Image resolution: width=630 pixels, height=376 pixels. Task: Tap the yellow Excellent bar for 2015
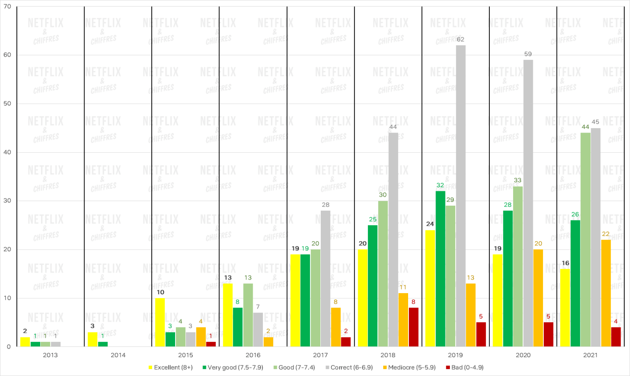coord(160,322)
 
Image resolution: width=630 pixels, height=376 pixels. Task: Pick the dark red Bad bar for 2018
coord(413,327)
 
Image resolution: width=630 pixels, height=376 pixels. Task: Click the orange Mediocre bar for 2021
coord(606,293)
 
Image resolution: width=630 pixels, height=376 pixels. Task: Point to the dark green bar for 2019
coord(440,269)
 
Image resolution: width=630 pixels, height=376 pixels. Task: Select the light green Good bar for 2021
coord(585,240)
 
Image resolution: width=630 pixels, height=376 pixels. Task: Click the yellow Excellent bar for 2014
coord(92,339)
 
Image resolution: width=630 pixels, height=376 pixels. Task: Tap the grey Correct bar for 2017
coord(325,279)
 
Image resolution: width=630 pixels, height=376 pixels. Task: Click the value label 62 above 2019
coord(461,39)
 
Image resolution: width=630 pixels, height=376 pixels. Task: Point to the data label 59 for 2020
coord(528,54)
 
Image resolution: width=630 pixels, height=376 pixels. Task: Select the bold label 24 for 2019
coord(430,224)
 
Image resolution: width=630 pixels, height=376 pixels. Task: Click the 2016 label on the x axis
coord(253,355)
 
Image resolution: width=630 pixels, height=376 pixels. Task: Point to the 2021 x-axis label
coord(590,355)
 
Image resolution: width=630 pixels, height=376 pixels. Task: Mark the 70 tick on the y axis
coord(7,7)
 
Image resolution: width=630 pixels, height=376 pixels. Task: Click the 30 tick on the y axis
coord(7,201)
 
